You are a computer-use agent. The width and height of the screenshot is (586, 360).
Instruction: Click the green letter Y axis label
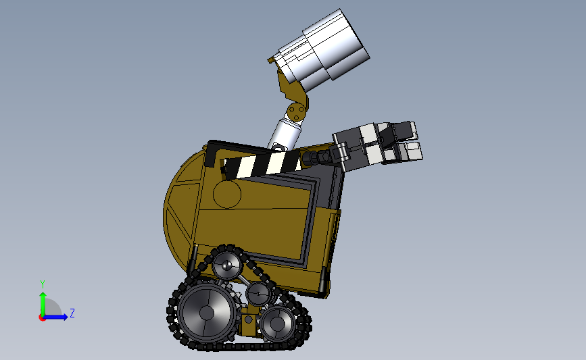point(43,284)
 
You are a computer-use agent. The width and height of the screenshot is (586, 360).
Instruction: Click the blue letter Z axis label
point(72,313)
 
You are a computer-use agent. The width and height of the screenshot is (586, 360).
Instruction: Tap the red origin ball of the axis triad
point(42,317)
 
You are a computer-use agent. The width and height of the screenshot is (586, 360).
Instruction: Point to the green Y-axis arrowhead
point(43,296)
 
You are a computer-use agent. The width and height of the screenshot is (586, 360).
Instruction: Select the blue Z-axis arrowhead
point(65,317)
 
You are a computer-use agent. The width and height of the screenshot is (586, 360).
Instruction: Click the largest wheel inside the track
point(207,312)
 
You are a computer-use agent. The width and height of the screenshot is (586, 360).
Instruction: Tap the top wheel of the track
point(227,265)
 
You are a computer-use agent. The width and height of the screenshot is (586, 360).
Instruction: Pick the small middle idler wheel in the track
point(259,294)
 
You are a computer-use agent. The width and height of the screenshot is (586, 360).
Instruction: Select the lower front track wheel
point(277,323)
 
